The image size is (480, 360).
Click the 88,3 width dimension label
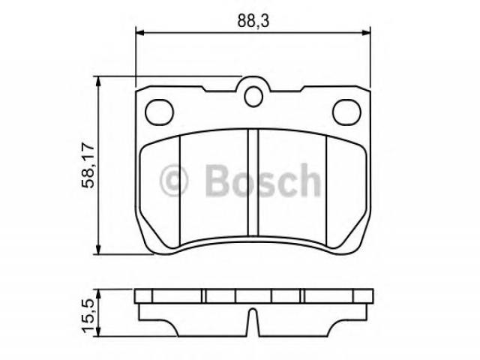tap(253, 21)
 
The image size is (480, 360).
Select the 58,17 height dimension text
tap(88, 165)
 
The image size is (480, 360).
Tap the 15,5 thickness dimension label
tap(88, 315)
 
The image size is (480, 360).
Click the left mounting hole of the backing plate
tap(159, 112)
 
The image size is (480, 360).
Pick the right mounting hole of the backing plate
tap(346, 112)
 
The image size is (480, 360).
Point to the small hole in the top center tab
tap(253, 97)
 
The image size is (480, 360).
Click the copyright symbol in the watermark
tap(173, 180)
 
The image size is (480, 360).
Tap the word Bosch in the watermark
tap(263, 180)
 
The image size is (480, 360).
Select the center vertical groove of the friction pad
tap(253, 183)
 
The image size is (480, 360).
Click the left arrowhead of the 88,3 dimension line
tap(139, 32)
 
